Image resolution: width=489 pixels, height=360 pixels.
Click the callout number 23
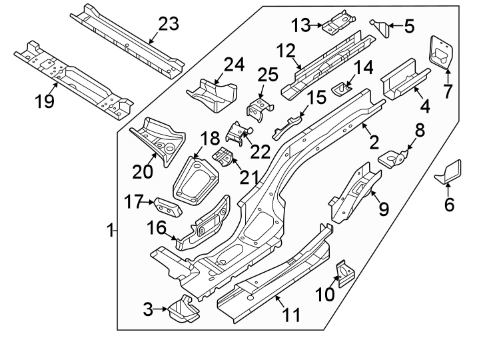[169, 24]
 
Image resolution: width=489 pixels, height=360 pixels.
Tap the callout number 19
[44, 102]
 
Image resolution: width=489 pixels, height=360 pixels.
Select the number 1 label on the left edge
[110, 231]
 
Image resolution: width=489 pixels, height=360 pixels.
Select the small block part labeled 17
[167, 206]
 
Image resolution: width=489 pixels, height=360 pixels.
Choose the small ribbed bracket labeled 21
[225, 159]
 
